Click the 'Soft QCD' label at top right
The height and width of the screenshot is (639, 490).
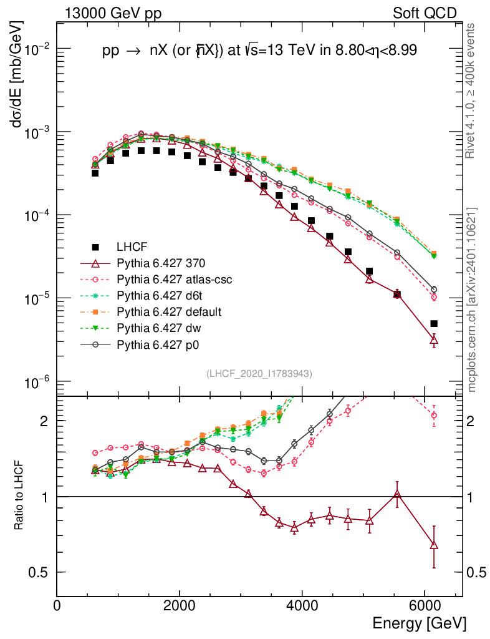pos(425,13)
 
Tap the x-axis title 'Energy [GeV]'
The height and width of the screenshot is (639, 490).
pos(419,623)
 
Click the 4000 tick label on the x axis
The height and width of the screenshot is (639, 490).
pos(302,605)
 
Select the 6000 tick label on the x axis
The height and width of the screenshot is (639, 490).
pos(424,605)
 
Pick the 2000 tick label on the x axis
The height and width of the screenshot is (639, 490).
pos(180,605)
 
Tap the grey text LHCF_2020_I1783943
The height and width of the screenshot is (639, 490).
pos(259,373)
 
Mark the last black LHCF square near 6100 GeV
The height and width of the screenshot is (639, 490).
pos(434,324)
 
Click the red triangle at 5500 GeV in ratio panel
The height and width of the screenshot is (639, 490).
pos(397,495)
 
